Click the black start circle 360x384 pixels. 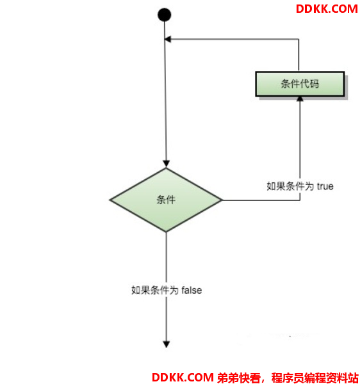click(164, 15)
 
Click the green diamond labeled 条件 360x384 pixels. click(166, 200)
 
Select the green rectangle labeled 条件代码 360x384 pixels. click(300, 84)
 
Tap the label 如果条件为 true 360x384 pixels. click(300, 186)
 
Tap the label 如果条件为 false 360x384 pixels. click(167, 290)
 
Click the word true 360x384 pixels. click(325, 186)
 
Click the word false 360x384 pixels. click(192, 290)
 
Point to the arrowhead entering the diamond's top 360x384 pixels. click(166, 164)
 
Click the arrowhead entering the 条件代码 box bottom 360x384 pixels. click(300, 99)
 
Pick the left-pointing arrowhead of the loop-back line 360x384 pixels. click(167, 39)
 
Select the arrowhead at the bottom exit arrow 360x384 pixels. click(167, 344)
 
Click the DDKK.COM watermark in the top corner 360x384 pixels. click(327, 9)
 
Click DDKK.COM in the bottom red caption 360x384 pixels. click(183, 378)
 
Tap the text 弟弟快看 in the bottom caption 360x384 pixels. click(238, 378)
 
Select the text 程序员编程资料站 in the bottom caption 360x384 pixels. click(315, 378)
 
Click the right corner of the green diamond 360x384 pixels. click(222, 200)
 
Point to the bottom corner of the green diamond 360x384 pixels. click(166, 232)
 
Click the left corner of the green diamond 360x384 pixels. click(110, 200)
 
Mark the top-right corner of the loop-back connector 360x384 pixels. click(299, 39)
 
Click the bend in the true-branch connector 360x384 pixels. click(300, 200)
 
